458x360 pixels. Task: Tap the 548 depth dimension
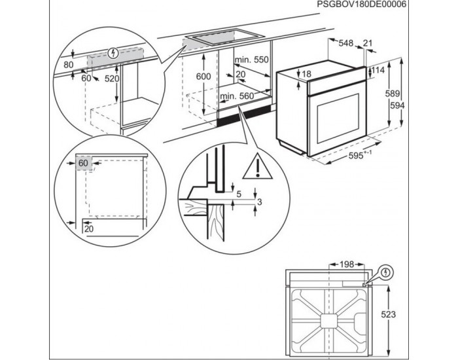346,43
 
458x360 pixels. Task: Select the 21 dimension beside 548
368,43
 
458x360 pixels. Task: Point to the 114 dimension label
378,70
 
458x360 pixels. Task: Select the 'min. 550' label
252,60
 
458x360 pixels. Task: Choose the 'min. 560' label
236,96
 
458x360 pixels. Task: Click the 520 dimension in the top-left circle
112,79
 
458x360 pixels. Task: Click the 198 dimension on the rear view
346,264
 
